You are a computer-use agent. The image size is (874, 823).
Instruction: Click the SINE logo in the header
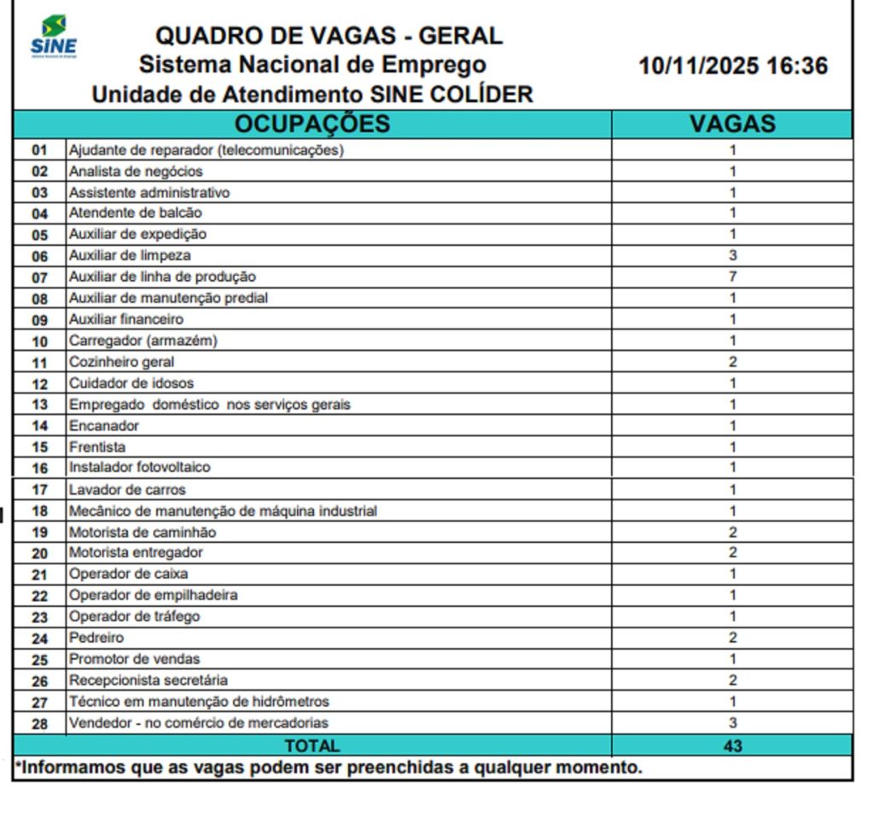point(53,36)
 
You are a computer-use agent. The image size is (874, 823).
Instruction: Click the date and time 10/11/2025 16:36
point(733,67)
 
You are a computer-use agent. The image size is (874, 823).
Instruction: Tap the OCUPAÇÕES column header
point(312,124)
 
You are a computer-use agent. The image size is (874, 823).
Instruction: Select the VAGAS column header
point(732,124)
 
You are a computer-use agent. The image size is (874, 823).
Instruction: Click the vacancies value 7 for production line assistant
point(732,277)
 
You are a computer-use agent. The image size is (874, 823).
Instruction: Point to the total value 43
point(732,745)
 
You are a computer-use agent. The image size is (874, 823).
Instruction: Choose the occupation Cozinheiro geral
point(121,362)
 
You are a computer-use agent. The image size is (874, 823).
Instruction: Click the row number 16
point(40,468)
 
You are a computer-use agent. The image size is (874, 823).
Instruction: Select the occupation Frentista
point(97,447)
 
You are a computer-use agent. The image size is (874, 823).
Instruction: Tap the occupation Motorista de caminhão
point(143,532)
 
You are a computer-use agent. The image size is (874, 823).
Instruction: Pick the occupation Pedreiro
point(96,638)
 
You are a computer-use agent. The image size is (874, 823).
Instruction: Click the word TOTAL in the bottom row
point(312,745)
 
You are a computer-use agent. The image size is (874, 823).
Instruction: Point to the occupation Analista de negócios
point(136,171)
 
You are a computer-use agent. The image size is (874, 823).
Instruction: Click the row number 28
point(40,723)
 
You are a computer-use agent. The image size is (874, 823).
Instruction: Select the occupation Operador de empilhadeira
point(153,595)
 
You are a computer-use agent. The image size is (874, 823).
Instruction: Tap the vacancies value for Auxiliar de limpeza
point(732,255)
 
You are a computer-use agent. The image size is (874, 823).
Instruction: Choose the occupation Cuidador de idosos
point(131,383)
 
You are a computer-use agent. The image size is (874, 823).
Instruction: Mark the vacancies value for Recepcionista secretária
point(732,680)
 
